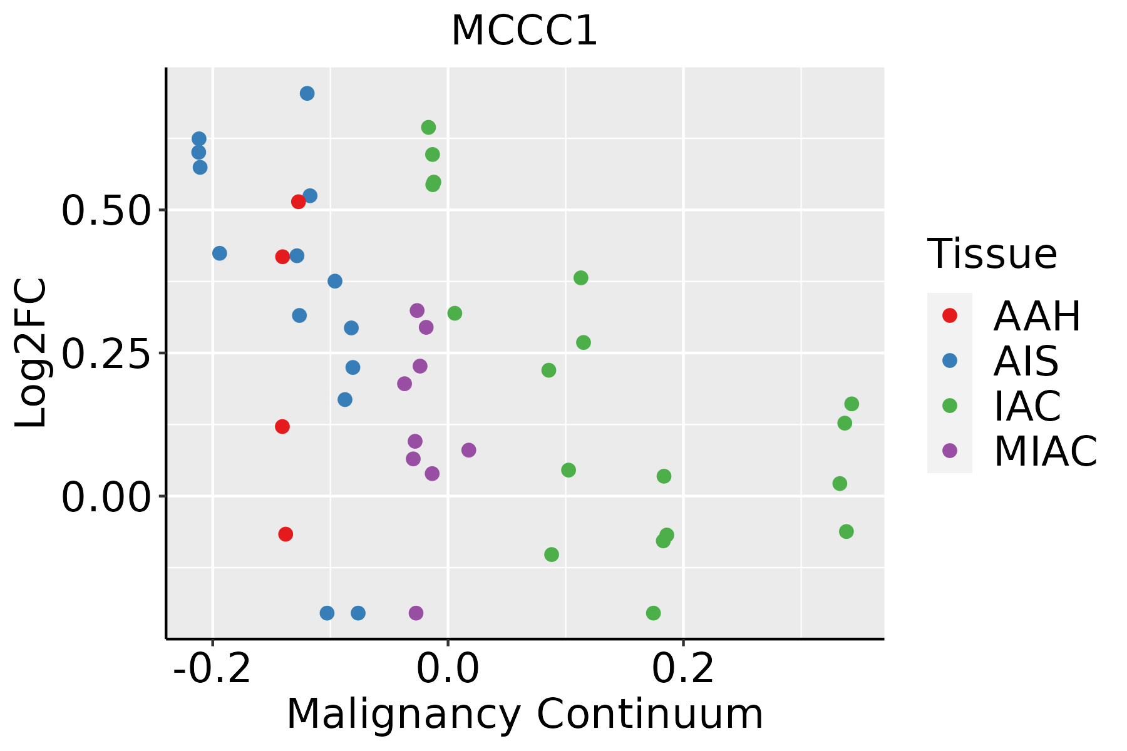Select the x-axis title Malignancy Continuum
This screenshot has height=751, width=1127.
coord(525,714)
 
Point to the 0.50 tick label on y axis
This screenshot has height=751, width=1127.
coord(106,211)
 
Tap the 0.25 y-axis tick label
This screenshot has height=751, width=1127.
coord(106,354)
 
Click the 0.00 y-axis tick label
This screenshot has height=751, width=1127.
coord(106,497)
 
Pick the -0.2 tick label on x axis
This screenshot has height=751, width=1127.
coord(213,669)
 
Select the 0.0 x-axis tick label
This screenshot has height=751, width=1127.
coord(448,669)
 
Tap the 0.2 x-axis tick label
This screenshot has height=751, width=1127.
coord(683,669)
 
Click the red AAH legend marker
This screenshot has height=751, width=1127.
coord(950,315)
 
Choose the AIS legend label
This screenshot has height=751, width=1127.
coord(1026,361)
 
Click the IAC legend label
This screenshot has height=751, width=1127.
coord(1027,406)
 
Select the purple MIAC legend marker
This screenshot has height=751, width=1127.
coord(950,451)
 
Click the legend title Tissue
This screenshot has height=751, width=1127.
coord(992,254)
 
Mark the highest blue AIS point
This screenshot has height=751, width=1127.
coord(307,93)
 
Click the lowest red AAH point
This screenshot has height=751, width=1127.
coord(286,534)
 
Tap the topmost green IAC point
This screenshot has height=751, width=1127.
coord(428,128)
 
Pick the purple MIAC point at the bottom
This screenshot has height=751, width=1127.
coord(416,613)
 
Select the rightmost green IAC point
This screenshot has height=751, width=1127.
coord(852,404)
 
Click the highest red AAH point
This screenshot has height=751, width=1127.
coord(298,202)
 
